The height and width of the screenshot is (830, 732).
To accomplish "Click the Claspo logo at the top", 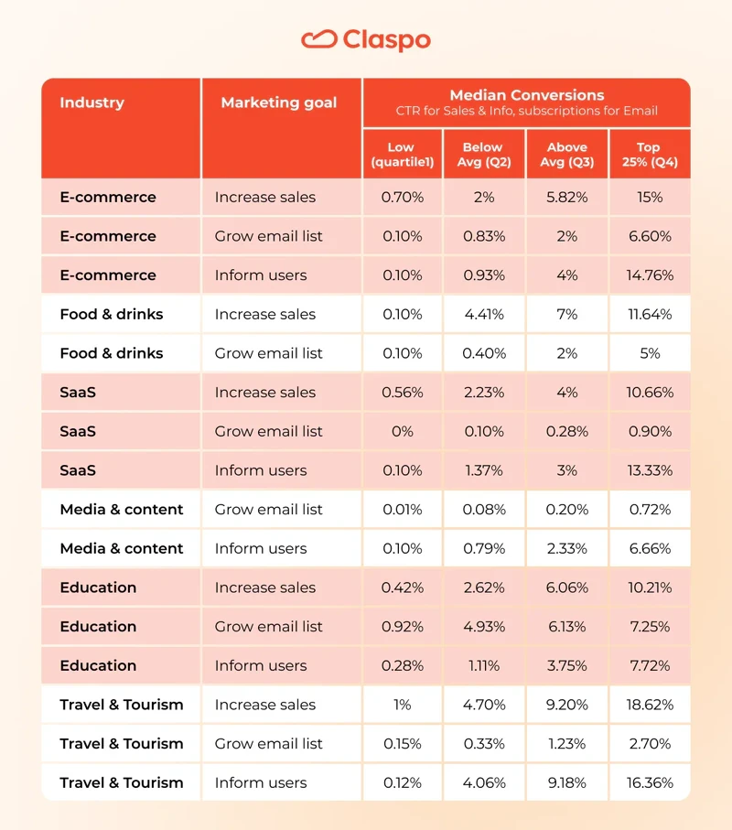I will [x=365, y=39].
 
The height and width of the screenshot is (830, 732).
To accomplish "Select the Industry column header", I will [x=91, y=102].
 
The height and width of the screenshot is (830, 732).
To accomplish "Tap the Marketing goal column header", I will [x=279, y=102].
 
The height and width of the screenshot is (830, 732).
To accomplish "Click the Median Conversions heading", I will [x=526, y=95].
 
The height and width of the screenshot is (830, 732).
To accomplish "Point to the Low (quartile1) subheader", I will [x=401, y=154].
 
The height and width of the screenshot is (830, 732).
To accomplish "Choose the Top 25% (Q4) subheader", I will [x=649, y=154].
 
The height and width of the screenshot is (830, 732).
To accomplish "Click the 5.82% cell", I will [x=566, y=197].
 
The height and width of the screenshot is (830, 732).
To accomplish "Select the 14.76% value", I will [x=649, y=275].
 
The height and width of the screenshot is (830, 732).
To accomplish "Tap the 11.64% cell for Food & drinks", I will [x=649, y=314].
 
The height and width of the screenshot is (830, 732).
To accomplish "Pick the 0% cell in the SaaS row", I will [x=402, y=431].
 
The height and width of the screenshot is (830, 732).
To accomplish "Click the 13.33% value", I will [x=649, y=470].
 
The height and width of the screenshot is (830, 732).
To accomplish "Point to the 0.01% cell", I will [x=402, y=509].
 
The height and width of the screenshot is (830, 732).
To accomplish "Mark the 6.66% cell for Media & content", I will [x=649, y=548].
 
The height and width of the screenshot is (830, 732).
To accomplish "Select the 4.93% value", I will [x=483, y=626].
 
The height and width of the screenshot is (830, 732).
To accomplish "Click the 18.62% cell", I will [x=649, y=705].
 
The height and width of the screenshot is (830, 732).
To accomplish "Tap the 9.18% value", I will [x=566, y=782].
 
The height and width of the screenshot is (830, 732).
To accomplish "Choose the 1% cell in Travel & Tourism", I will [x=402, y=705].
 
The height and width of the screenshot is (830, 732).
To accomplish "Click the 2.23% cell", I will [x=483, y=392].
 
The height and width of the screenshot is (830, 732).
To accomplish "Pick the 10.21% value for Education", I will [x=649, y=587].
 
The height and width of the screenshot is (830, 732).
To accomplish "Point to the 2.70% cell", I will [x=649, y=743].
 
